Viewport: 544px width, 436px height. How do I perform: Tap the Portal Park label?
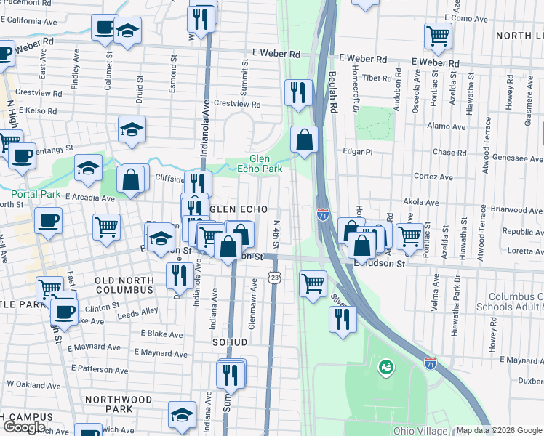[36, 194]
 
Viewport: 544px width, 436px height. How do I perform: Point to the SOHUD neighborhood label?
[231, 342]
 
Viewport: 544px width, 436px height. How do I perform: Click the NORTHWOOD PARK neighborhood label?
[119, 404]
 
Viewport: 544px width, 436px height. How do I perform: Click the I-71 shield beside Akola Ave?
[323, 214]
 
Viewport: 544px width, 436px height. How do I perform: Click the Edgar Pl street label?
[357, 152]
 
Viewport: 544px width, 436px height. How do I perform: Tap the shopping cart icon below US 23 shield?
[313, 283]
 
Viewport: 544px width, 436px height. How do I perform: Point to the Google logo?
[24, 427]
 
